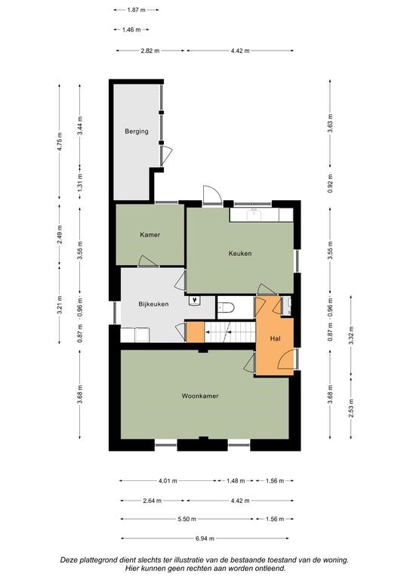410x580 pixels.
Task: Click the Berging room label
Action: tap(137, 131)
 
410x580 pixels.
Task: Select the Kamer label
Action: tap(150, 235)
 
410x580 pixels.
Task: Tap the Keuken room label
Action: tap(240, 254)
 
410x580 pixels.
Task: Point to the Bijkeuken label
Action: tap(153, 304)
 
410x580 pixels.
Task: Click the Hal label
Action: tap(275, 338)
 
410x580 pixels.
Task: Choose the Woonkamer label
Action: tap(200, 396)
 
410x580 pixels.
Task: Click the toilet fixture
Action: tap(226, 308)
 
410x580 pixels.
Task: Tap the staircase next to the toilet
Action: tap(230, 332)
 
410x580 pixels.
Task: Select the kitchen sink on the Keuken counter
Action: tap(254, 214)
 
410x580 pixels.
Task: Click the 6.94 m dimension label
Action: tap(205, 538)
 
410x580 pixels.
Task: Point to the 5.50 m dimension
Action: tap(187, 520)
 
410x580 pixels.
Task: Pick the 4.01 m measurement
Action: tap(168, 481)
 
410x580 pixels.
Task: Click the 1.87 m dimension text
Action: tap(136, 10)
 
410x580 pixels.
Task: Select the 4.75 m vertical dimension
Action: tap(60, 141)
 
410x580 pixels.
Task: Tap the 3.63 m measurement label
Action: tap(330, 123)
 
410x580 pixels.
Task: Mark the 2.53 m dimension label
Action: tap(351, 409)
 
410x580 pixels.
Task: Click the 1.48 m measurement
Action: tap(236, 481)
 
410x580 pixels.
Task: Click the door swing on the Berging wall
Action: tap(167, 156)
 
